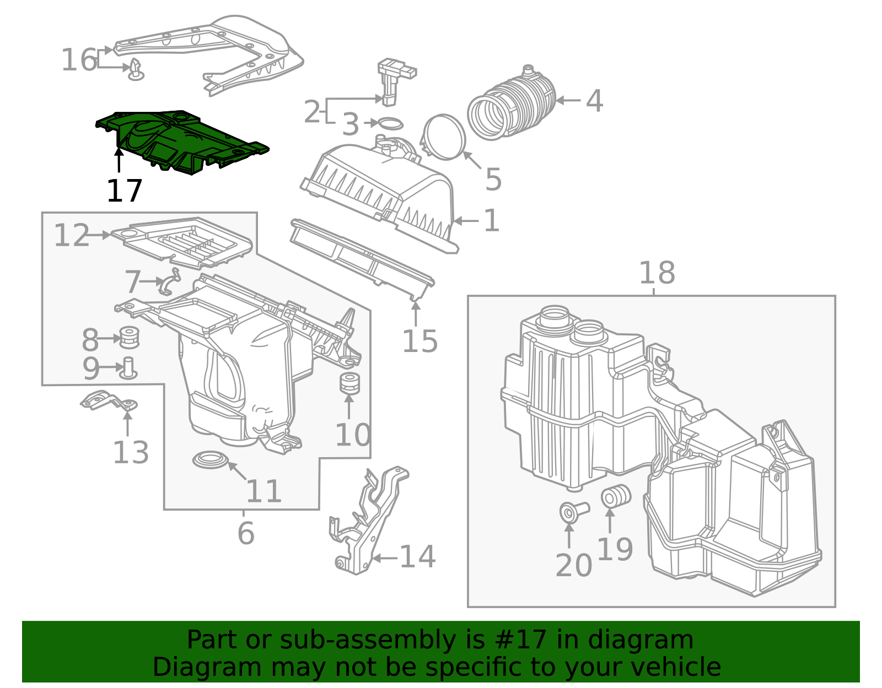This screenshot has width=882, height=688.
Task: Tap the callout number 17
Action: [x=125, y=191]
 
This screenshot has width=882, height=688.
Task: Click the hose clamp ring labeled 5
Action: [x=444, y=137]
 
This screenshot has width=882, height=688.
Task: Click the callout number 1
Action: [x=491, y=221]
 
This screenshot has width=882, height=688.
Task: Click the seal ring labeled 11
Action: [x=210, y=460]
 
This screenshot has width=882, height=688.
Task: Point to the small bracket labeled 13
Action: [x=108, y=402]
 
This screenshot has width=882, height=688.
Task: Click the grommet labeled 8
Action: [x=129, y=337]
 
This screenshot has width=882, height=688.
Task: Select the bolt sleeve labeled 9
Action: [x=129, y=368]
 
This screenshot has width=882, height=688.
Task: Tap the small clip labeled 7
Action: [x=169, y=281]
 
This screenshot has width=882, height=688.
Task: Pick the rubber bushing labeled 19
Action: [x=614, y=496]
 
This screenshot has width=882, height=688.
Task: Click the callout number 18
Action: [x=657, y=273]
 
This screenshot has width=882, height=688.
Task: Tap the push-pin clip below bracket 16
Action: [x=136, y=72]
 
